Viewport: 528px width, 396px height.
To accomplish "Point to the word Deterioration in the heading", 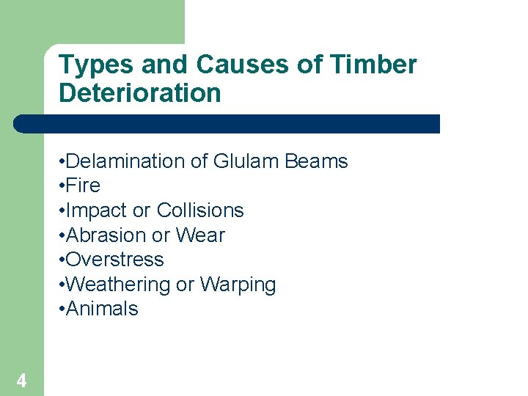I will click(x=139, y=93).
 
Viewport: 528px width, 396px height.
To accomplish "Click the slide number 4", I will click(x=21, y=381).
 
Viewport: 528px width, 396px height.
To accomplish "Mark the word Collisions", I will click(x=199, y=210).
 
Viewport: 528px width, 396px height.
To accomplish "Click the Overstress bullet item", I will click(x=115, y=260).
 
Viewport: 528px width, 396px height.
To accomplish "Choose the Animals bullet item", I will click(x=102, y=309).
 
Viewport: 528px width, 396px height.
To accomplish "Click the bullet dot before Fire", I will click(x=62, y=186).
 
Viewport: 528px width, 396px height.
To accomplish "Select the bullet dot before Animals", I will click(x=62, y=309).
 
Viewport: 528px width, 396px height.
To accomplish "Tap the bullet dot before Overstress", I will click(x=62, y=260).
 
